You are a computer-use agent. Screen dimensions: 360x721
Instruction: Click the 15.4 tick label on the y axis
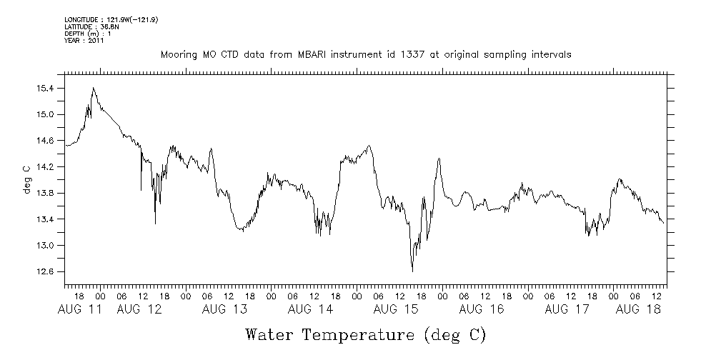pyautogui.click(x=45, y=88)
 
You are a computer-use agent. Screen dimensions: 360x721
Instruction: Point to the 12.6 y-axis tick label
pyautogui.click(x=45, y=271)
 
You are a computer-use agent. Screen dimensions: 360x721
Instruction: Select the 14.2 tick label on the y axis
pyautogui.click(x=45, y=166)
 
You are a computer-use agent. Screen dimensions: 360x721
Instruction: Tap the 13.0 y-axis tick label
pyautogui.click(x=45, y=245)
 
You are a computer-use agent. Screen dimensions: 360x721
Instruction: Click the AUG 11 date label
pyautogui.click(x=79, y=309)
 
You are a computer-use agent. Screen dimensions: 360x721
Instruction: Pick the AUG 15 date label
pyautogui.click(x=396, y=309)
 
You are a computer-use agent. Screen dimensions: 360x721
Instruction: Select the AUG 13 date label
pyautogui.click(x=224, y=309)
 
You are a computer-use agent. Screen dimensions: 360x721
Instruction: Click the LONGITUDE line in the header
pyautogui.click(x=111, y=19)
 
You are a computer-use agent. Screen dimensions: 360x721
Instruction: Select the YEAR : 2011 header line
pyautogui.click(x=84, y=41)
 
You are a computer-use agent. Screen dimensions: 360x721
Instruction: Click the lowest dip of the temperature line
pyautogui.click(x=412, y=271)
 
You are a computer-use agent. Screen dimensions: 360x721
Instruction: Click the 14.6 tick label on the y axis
pyautogui.click(x=45, y=140)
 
